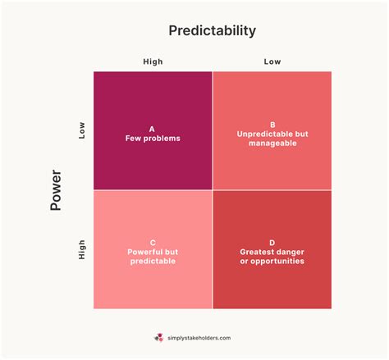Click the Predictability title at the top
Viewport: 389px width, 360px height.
[212, 31]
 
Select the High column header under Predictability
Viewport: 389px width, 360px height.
[153, 62]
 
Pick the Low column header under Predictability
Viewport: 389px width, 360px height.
[272, 62]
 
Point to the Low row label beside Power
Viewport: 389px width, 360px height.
[81, 131]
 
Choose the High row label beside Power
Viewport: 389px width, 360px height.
[81, 249]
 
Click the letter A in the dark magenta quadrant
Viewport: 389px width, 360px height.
[152, 129]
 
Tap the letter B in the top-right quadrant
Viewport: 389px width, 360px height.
[272, 124]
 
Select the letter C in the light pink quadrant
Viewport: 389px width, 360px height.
[153, 243]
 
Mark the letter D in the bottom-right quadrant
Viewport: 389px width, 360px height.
[272, 243]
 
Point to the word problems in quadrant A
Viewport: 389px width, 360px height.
[162, 139]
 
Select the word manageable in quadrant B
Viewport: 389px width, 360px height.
[272, 144]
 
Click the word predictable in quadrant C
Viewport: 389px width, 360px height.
[153, 262]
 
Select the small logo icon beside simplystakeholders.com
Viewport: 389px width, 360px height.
[158, 337]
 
